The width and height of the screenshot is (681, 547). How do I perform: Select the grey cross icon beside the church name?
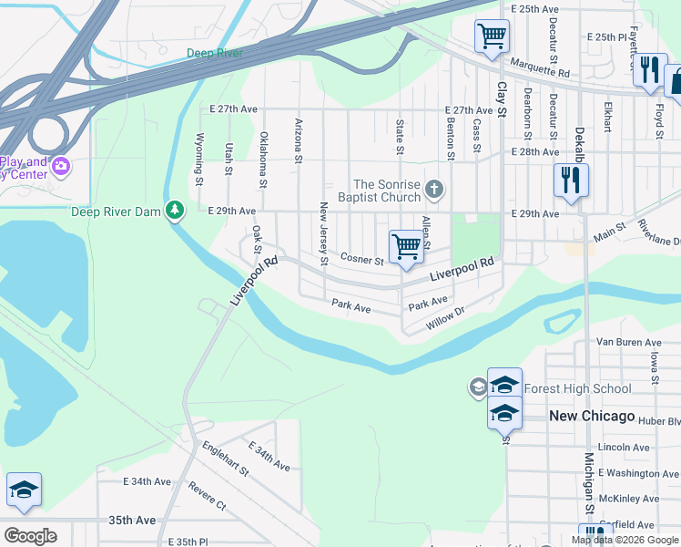click(434, 190)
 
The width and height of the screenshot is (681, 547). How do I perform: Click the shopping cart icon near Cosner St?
click(406, 246)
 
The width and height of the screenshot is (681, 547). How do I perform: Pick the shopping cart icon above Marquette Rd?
click(492, 36)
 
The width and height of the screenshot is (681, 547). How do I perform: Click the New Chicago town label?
click(592, 416)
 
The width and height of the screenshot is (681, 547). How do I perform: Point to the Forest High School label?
click(579, 388)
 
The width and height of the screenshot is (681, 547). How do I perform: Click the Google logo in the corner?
click(29, 535)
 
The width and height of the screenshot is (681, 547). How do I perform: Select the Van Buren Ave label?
click(627, 342)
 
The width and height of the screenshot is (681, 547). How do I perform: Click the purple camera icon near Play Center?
click(61, 165)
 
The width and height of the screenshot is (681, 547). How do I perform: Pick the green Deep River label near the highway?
click(215, 53)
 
